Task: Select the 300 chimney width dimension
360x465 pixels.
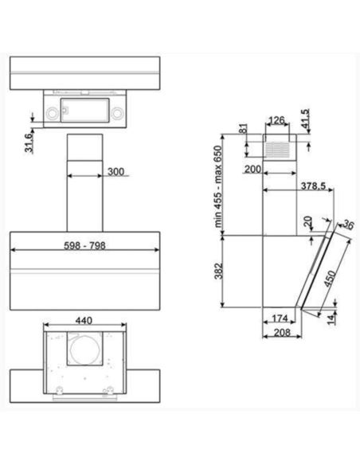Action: click(115, 172)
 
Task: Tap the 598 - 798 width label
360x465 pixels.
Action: click(84, 247)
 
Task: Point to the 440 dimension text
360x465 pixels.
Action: click(84, 320)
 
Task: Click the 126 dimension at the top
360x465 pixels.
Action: click(276, 121)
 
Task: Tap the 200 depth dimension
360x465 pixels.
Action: click(254, 170)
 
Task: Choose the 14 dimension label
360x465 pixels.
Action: click(329, 319)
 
